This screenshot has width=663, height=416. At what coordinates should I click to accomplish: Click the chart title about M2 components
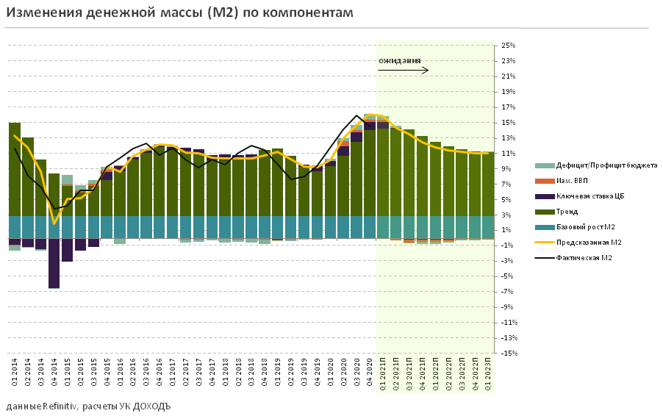[x=179, y=13]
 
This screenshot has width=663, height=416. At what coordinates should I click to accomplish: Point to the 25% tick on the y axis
[x=508, y=46]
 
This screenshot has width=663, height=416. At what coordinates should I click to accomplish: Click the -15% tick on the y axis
[x=508, y=354]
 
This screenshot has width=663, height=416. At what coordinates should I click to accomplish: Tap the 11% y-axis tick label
[x=508, y=154]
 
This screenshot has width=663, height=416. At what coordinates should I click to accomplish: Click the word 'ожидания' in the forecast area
[x=400, y=60]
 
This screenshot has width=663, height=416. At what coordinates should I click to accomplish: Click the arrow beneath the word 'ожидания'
[x=403, y=71]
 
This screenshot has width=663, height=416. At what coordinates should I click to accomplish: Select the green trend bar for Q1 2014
[x=15, y=169]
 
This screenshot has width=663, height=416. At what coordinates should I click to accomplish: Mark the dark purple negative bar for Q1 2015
[x=68, y=251]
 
